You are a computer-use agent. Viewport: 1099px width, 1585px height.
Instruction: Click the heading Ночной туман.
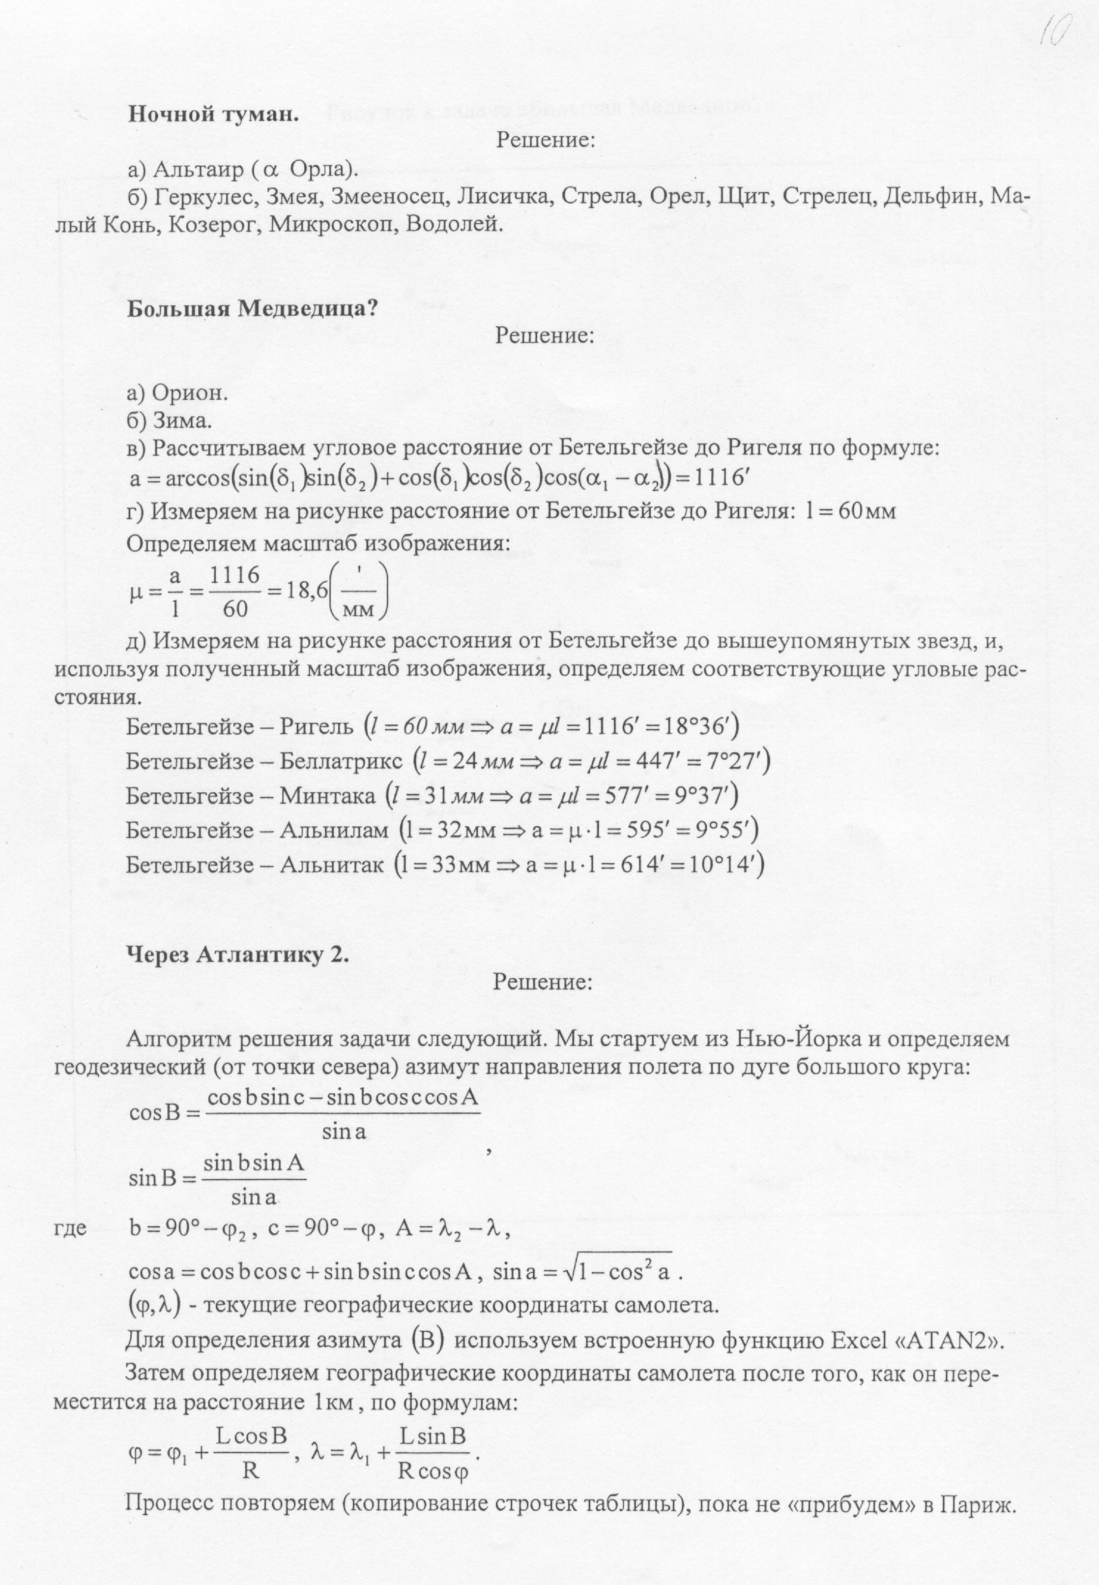coord(213,115)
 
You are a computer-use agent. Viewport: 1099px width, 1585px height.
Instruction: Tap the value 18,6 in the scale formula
coord(306,592)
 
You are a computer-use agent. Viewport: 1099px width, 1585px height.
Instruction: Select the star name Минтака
coord(327,796)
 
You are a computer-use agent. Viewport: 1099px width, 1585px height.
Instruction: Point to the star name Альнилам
coord(334,831)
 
